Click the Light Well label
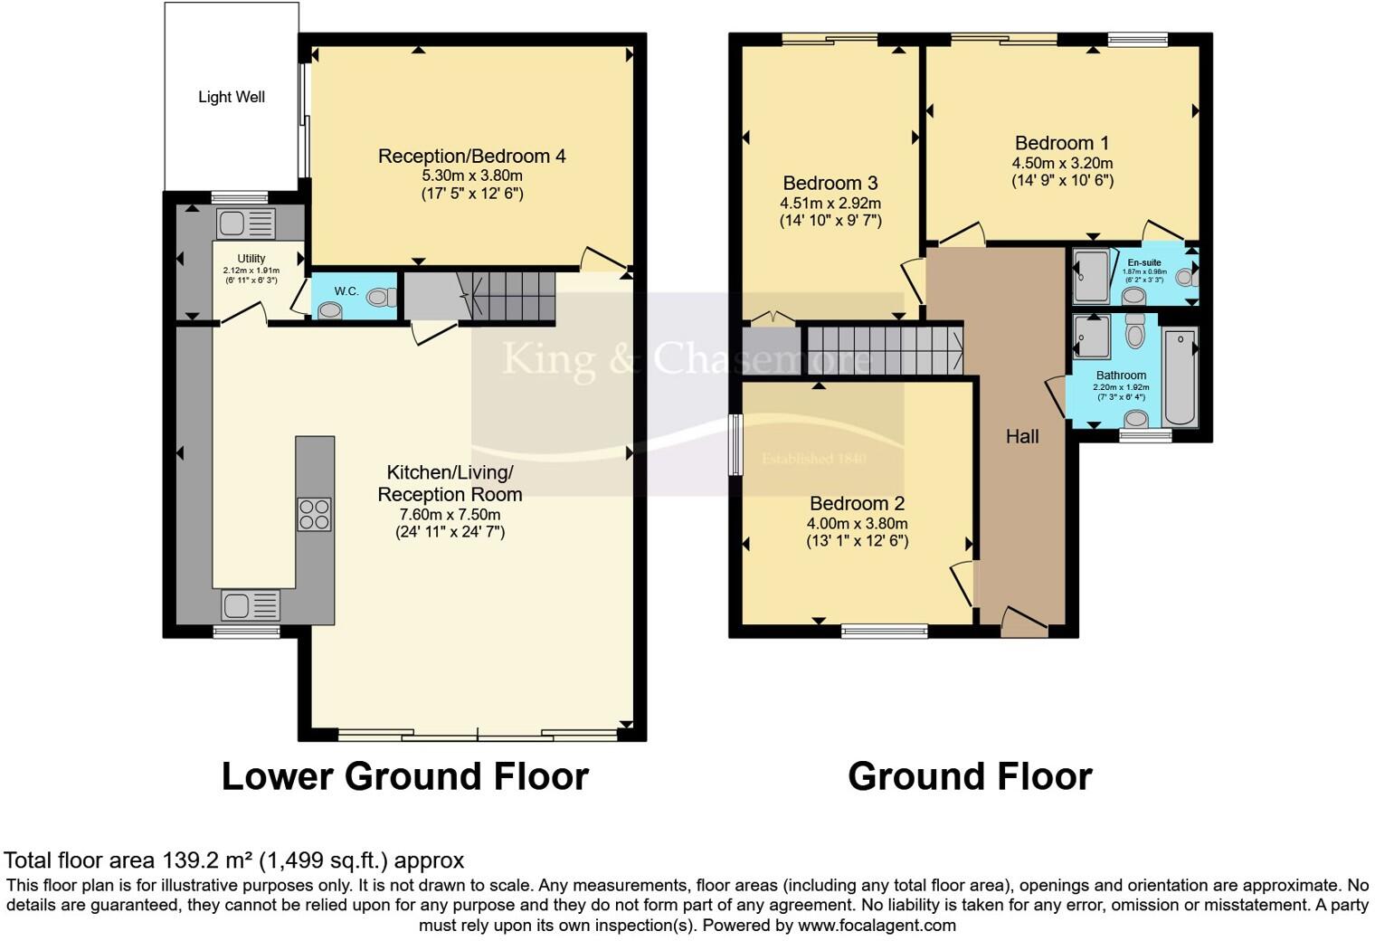click(232, 97)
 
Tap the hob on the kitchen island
click(314, 514)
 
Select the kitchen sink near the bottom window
click(250, 604)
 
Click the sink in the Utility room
click(245, 223)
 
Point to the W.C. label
click(346, 291)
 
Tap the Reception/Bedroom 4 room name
click(471, 157)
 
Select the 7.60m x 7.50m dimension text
click(450, 514)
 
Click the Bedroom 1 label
click(1061, 143)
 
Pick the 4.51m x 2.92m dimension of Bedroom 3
click(830, 204)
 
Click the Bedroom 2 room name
click(857, 503)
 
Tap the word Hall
click(1022, 436)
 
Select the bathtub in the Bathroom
click(1180, 378)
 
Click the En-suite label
click(1143, 262)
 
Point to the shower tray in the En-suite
click(1090, 276)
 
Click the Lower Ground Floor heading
click(404, 776)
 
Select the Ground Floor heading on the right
click(970, 776)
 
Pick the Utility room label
click(251, 259)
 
